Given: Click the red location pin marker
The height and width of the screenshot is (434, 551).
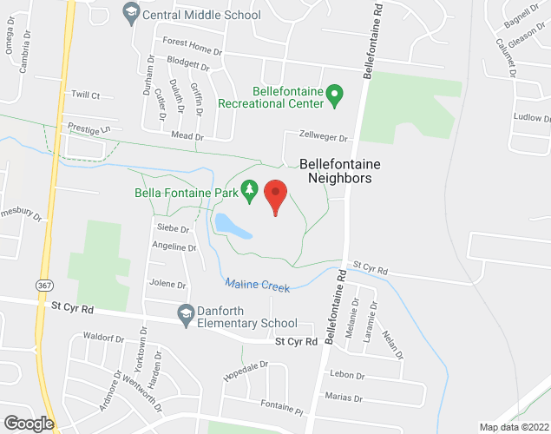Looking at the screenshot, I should coord(276,195).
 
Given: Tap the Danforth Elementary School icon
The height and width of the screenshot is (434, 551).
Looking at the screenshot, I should coord(185,317).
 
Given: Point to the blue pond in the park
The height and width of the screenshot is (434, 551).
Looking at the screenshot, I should coord(232,226).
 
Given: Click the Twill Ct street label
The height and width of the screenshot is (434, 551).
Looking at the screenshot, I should coord(86,95).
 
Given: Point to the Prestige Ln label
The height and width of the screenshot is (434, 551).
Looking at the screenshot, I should coord(89,128).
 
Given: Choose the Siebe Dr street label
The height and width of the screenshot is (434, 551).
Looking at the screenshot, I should coord(173,227).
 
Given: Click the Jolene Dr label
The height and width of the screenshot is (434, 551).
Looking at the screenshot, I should coord(168,284).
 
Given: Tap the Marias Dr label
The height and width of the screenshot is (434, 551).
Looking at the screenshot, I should coord(344,398).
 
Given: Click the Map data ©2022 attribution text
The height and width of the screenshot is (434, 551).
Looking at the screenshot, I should coord(514,427).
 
